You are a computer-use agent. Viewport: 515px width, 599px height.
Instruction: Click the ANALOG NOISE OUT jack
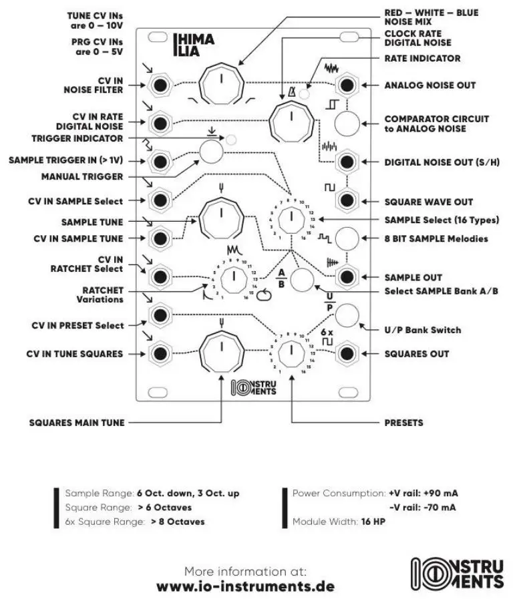coord(347,85)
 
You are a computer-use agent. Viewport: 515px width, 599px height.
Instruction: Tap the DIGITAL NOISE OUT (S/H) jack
coord(347,162)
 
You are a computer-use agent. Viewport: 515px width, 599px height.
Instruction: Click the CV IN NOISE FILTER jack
coord(160,85)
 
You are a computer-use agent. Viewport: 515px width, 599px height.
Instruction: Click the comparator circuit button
coord(347,124)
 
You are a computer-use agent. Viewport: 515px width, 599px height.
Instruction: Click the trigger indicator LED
coord(231,140)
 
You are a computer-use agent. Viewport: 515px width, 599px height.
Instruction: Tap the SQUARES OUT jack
coord(347,353)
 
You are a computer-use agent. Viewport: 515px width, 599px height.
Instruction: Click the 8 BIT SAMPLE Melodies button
coord(347,238)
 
